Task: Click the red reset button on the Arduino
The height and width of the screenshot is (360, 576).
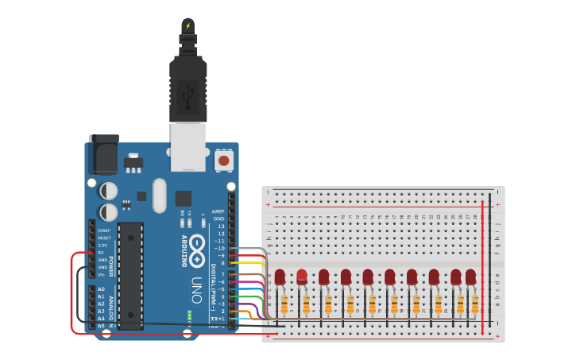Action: [224, 161]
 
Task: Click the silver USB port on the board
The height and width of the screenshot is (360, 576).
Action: [188, 146]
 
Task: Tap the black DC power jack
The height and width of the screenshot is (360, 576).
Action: [103, 154]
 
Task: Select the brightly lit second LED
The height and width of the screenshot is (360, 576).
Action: [302, 277]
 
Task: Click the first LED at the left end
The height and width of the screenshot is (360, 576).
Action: [280, 277]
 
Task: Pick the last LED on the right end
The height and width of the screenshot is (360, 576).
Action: [470, 277]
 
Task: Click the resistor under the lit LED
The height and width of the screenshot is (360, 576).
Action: [306, 304]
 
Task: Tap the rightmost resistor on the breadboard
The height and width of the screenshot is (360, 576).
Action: [475, 304]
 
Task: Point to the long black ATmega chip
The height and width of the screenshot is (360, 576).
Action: [131, 274]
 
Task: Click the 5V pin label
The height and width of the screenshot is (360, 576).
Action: [101, 252]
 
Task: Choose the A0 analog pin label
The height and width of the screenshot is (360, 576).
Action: [101, 289]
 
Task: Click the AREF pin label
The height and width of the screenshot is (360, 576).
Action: [218, 211]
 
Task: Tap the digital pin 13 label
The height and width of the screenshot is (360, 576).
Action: [221, 226]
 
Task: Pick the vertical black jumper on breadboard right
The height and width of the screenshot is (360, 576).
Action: [490, 262]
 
